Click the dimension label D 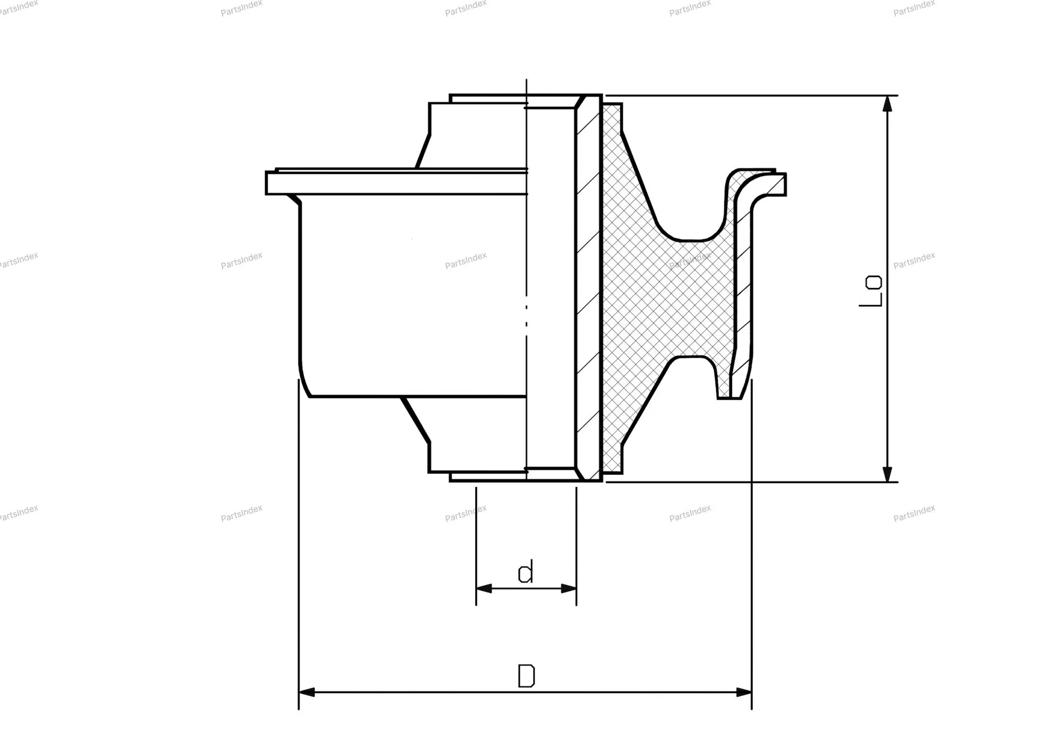(x=526, y=675)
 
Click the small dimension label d (x=526, y=572)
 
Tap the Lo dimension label (x=871, y=291)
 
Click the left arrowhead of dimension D (x=307, y=692)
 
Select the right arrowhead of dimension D (x=744, y=692)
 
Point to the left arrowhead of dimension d (x=484, y=589)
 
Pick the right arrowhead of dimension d (x=569, y=589)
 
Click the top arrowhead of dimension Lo (x=887, y=103)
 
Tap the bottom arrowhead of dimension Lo (x=887, y=474)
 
